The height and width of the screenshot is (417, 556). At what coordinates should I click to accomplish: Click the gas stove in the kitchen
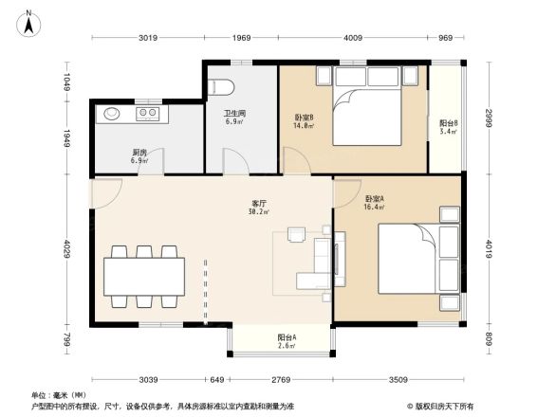[x=148, y=115]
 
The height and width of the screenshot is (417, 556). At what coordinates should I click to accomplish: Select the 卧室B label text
[x=304, y=118]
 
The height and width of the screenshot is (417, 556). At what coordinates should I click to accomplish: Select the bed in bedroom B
[x=371, y=112]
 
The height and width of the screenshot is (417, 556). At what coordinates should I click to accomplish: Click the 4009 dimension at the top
[x=353, y=38]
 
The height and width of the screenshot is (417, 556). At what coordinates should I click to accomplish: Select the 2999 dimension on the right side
[x=488, y=118]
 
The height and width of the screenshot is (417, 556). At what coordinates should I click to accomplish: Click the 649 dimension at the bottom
[x=218, y=380]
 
